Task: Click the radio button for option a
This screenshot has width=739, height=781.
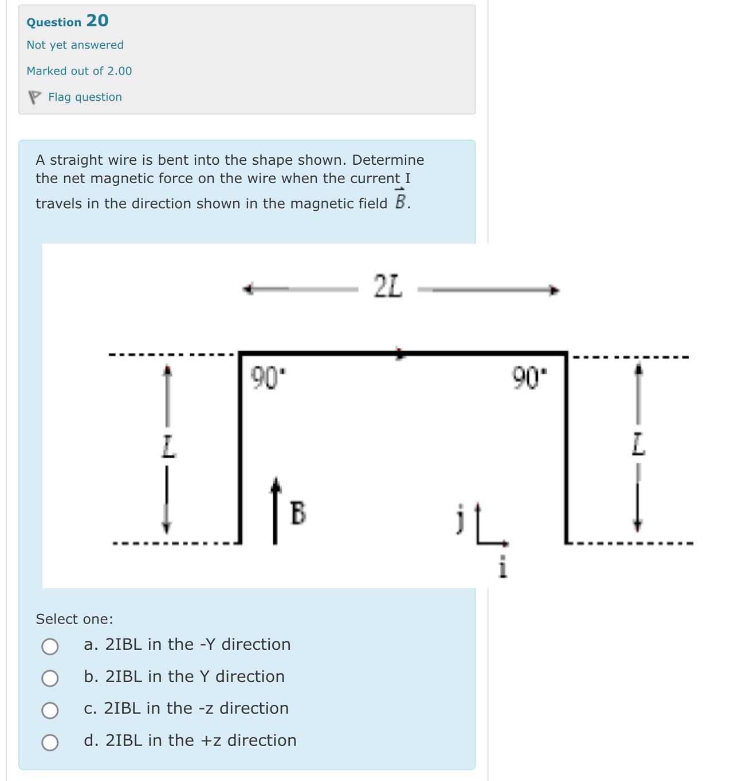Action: click(50, 647)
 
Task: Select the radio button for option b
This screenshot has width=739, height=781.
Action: click(50, 679)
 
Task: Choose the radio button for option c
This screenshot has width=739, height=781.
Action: click(50, 711)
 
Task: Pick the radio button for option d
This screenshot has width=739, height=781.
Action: click(50, 743)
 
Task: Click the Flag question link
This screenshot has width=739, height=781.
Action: click(85, 97)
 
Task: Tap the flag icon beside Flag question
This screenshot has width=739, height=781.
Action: click(35, 98)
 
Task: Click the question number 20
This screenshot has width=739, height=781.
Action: click(97, 21)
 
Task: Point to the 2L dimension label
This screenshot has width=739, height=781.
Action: click(388, 287)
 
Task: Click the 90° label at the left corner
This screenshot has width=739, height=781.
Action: click(268, 378)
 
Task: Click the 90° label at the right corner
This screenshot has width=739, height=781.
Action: click(529, 378)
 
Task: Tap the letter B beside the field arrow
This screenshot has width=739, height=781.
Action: click(298, 513)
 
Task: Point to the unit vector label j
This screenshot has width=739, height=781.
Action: click(459, 518)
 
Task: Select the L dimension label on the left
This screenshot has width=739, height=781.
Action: click(167, 446)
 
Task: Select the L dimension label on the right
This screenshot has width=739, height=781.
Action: click(638, 445)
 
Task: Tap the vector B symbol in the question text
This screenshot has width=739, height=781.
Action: click(400, 200)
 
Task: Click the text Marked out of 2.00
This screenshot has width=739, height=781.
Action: click(79, 71)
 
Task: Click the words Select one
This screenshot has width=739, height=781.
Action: click(74, 619)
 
